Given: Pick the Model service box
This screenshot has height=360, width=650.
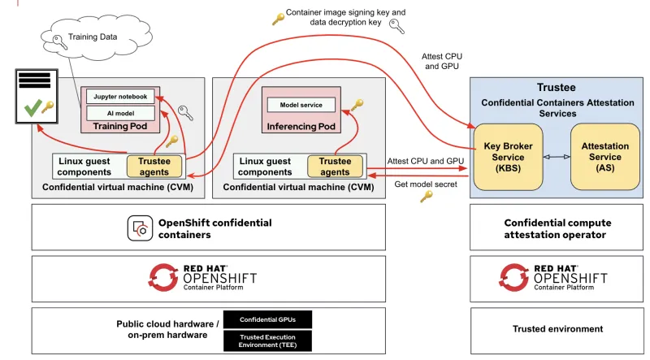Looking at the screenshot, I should [x=301, y=105].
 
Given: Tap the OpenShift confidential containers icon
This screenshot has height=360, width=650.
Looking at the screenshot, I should [x=140, y=228].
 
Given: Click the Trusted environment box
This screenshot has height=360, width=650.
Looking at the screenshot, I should [x=557, y=329].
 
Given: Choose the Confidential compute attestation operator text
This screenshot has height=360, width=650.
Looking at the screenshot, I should [x=557, y=228].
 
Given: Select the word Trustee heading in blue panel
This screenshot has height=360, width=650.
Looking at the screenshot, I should [x=557, y=87].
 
